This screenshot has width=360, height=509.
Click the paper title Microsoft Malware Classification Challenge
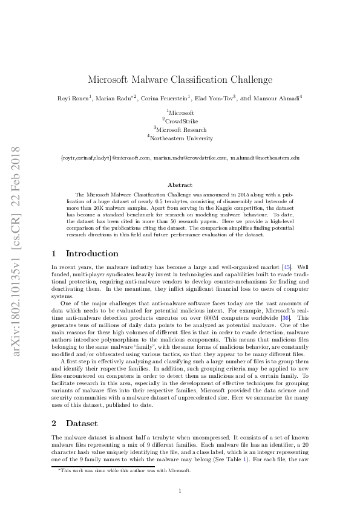coord(180,79)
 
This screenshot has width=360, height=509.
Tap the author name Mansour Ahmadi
coord(277,98)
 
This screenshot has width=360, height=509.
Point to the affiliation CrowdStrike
coord(182,121)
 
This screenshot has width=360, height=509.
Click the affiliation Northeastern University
coord(182,138)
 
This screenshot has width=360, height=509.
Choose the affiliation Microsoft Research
coord(182,129)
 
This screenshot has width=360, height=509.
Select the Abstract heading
coord(180,185)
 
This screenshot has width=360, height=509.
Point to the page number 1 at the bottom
coord(180,490)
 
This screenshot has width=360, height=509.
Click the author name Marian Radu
coord(117,98)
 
